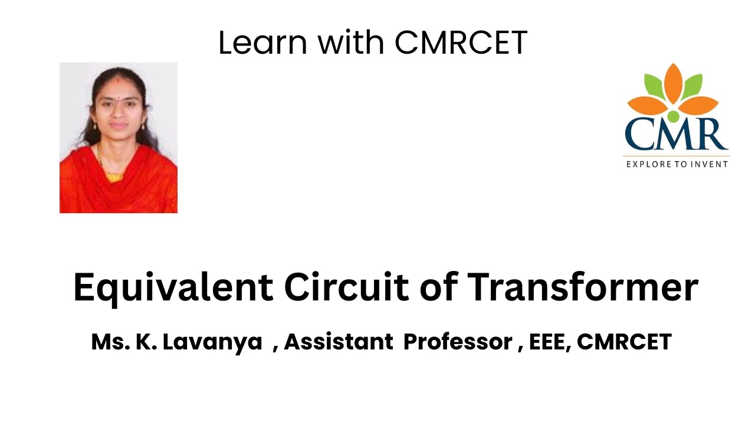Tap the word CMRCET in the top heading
tap(461, 42)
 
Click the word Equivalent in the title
tap(173, 289)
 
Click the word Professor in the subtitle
tap(458, 342)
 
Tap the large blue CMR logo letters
tap(676, 135)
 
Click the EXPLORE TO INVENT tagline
tap(677, 164)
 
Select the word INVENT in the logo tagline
tap(710, 164)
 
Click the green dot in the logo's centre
tap(674, 115)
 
